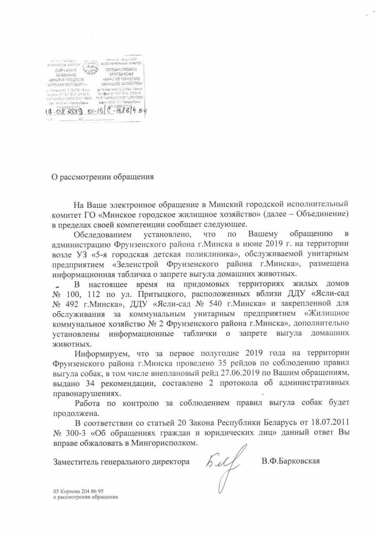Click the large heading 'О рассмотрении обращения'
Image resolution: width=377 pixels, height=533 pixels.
click(x=103, y=177)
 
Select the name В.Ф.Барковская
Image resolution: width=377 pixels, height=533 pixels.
click(x=291, y=461)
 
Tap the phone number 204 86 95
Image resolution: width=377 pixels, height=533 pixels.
click(x=89, y=491)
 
